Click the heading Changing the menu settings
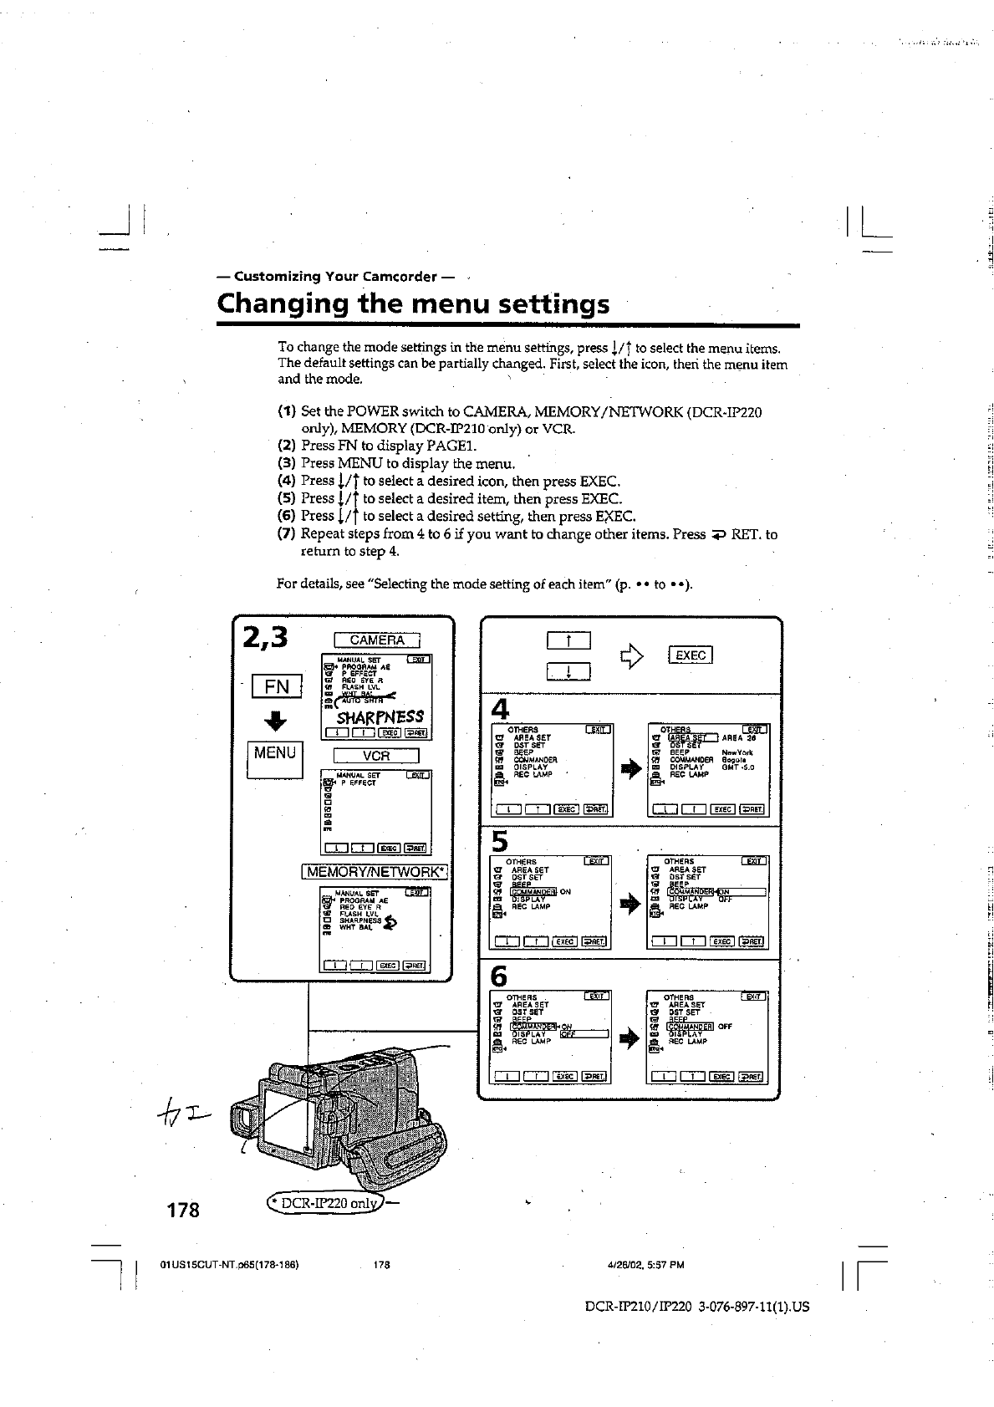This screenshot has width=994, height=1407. tap(413, 303)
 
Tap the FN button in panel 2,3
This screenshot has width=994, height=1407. tap(276, 686)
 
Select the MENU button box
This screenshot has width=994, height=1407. tap(275, 753)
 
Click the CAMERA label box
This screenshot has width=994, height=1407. tap(377, 640)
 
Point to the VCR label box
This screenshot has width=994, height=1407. tap(376, 756)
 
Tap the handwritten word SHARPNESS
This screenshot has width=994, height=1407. tap(380, 717)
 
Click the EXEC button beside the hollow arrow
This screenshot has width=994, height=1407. tap(690, 655)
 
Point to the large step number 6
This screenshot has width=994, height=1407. tap(499, 976)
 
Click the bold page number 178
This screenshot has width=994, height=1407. tap(181, 1209)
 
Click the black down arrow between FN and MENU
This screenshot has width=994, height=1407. tap(275, 721)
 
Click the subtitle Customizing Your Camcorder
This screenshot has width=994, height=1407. tap(335, 276)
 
